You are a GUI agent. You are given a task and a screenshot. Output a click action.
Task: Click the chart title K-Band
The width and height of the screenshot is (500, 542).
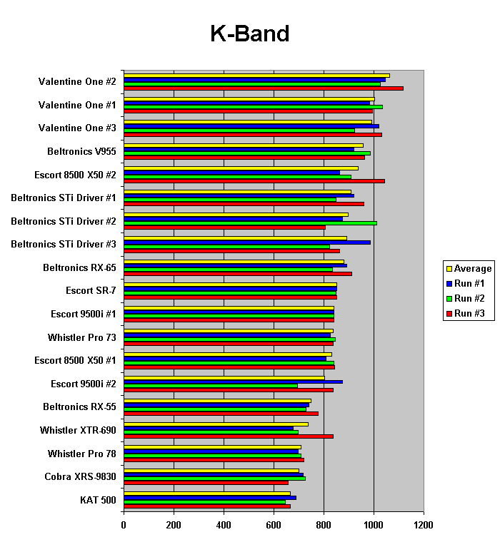click(x=249, y=34)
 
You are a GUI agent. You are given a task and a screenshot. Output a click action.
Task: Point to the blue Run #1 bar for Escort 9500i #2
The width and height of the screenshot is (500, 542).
click(x=233, y=382)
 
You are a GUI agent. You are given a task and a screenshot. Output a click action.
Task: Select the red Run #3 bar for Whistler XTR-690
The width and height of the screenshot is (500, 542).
click(x=229, y=436)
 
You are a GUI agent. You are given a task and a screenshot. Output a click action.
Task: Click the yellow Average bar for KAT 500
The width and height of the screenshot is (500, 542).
click(x=207, y=493)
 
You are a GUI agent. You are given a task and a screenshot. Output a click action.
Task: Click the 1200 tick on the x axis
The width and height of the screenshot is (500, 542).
click(x=424, y=526)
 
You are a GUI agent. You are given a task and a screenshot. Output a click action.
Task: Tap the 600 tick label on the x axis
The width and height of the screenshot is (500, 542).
click(x=274, y=526)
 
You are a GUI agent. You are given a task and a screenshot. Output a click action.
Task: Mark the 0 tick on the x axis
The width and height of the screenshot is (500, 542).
click(x=124, y=526)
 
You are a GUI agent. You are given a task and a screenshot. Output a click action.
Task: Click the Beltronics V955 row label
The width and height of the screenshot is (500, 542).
click(x=81, y=151)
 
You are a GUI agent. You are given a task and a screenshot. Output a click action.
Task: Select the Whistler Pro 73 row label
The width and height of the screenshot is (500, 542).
click(x=82, y=337)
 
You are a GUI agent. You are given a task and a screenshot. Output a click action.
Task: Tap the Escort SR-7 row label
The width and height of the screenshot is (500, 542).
click(x=91, y=291)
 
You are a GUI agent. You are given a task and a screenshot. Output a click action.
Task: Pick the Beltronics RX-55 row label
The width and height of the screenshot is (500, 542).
click(x=79, y=406)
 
